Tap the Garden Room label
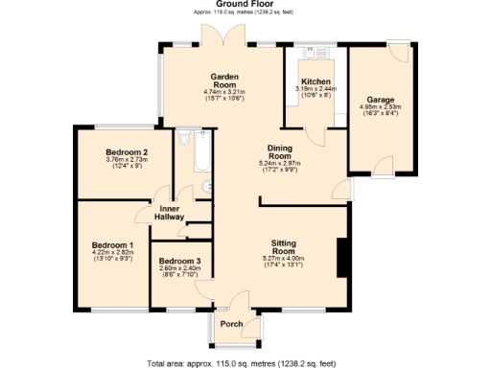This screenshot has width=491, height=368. [224, 80]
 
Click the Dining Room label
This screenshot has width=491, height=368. [279, 151]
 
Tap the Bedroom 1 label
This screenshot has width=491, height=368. [111, 246]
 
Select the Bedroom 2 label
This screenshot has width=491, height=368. [126, 152]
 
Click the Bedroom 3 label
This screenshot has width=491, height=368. [179, 262]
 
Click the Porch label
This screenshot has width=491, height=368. [232, 324]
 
